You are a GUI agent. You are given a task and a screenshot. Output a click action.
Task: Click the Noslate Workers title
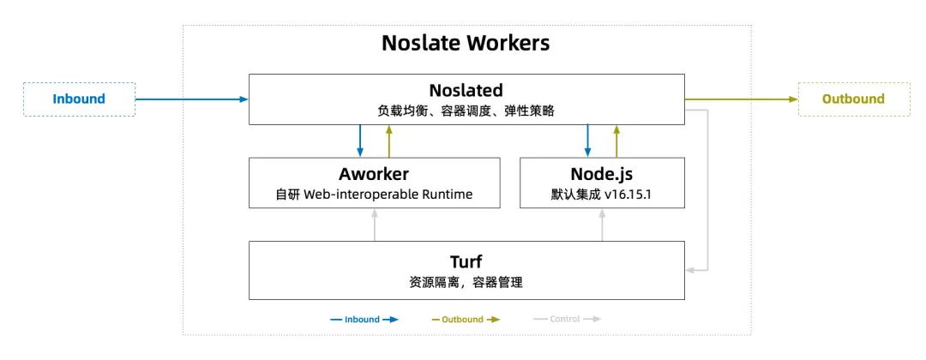point(466,43)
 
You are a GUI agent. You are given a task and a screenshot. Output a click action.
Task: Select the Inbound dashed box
point(79,99)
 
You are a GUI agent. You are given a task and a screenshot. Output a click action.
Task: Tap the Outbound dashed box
point(853,99)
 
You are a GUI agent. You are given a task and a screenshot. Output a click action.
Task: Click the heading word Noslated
point(466,90)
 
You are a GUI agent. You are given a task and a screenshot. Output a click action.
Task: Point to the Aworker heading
point(374,174)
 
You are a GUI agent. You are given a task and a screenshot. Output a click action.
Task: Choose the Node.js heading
point(602,174)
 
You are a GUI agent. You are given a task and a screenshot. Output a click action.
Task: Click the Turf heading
point(466,261)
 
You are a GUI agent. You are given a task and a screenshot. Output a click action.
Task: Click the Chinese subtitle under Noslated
point(466,111)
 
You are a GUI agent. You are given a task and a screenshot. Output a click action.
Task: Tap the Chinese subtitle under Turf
point(466,282)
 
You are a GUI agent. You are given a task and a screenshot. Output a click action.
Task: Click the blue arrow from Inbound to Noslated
point(191,99)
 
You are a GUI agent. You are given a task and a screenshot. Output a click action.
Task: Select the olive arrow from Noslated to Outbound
point(741,99)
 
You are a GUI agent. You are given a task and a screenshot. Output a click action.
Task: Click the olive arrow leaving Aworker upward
point(388,141)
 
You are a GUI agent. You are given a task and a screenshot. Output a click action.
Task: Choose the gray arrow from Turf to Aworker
point(375,225)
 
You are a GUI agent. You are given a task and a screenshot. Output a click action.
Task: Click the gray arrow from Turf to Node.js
point(603,225)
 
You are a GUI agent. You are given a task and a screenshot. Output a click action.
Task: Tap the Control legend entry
point(567,319)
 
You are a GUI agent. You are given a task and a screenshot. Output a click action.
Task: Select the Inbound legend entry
point(364,319)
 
